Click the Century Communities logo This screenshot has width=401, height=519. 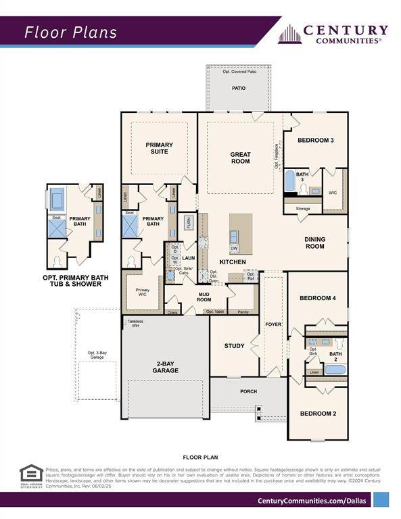click(333, 34)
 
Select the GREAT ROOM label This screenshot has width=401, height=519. click(240, 158)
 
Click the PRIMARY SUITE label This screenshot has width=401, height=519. click(159, 148)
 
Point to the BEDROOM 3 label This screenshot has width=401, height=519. click(316, 141)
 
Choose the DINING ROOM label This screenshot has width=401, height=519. click(314, 243)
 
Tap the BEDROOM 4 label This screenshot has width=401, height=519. click(317, 298)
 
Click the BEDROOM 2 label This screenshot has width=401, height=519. click(317, 414)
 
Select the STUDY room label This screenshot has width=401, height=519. click(234, 346)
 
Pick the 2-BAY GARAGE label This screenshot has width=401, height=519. click(165, 367)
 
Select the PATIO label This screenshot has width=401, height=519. click(239, 88)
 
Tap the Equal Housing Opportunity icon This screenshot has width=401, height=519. click(30, 475)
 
